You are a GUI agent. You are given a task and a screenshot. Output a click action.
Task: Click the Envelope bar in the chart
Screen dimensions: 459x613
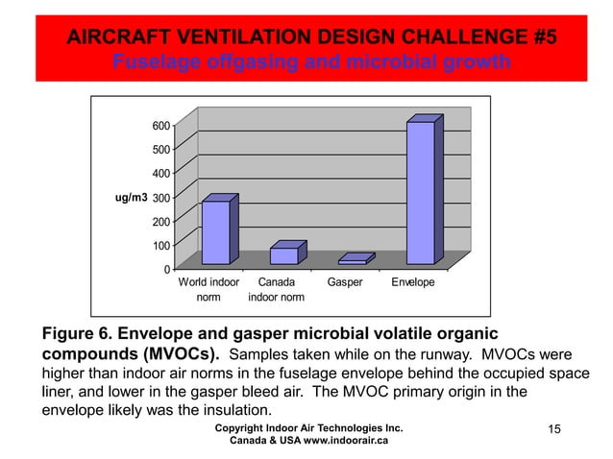tap(420, 192)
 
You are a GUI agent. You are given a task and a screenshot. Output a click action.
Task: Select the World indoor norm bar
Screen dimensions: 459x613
tap(215, 232)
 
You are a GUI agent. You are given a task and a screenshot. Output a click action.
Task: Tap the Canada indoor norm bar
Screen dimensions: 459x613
tap(283, 255)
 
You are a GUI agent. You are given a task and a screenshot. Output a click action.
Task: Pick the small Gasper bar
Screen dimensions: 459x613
tap(352, 260)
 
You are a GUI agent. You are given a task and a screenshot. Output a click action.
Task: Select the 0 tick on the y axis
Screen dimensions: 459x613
tap(166, 269)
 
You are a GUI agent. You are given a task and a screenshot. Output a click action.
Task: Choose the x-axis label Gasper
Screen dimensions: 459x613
tap(345, 283)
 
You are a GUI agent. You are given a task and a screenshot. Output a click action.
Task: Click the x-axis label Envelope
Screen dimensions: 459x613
tap(412, 283)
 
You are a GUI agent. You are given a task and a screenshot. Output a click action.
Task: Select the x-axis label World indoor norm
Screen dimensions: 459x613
tap(208, 290)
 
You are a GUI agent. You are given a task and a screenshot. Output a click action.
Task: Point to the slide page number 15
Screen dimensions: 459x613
tap(552, 427)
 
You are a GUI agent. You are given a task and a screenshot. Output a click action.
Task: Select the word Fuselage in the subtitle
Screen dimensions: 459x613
tap(153, 62)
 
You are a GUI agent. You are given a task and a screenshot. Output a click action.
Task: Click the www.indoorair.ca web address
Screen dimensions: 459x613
tap(340, 441)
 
